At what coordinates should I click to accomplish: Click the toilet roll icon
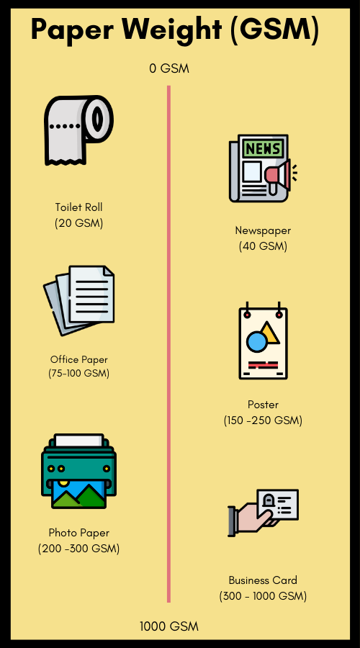(78, 130)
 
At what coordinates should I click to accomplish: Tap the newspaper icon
(263, 168)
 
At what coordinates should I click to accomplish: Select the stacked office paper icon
(78, 300)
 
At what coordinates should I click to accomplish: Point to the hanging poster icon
(263, 341)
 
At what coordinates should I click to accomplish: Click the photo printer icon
(78, 471)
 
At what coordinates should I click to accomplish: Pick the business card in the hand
(277, 505)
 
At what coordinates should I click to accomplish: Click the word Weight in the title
(171, 30)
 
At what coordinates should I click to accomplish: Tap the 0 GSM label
(169, 68)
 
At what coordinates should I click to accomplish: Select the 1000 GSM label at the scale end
(169, 626)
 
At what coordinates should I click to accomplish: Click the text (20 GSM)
(78, 223)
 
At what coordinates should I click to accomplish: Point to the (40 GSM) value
(263, 246)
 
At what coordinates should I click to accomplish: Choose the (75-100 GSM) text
(78, 374)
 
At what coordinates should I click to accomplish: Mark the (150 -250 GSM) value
(263, 420)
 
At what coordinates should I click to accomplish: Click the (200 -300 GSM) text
(78, 549)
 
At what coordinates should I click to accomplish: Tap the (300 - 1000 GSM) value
(263, 596)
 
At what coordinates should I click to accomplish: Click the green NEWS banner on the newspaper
(263, 148)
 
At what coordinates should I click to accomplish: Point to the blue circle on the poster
(257, 342)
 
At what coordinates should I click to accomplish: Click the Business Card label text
(263, 580)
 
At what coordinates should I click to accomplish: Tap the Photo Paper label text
(78, 533)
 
